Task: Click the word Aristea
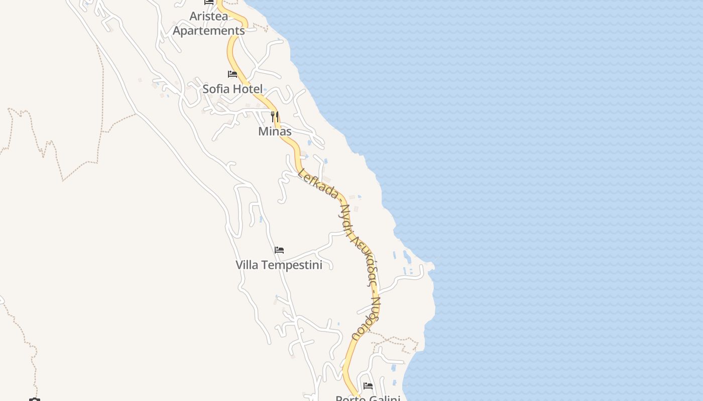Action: click(208, 16)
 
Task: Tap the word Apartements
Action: click(208, 31)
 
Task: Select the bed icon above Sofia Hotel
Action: click(232, 74)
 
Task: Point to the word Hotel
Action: click(248, 89)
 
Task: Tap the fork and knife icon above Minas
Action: click(274, 117)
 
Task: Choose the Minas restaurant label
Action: click(275, 131)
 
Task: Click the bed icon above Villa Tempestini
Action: click(279, 250)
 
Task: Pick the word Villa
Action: click(248, 265)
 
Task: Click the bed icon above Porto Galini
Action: click(368, 386)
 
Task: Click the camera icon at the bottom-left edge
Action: click(34, 399)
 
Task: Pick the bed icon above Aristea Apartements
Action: click(209, 2)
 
